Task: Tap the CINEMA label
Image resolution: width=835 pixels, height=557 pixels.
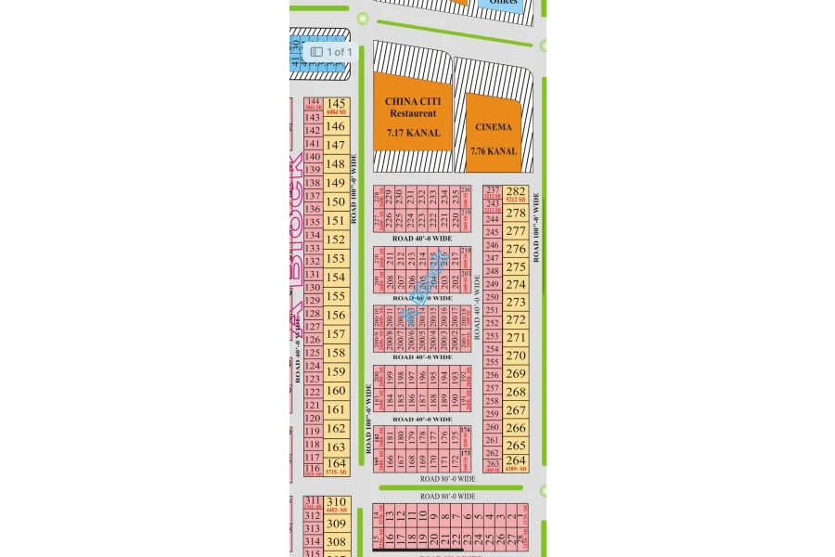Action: (493, 127)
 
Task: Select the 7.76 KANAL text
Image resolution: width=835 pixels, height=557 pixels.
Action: (494, 151)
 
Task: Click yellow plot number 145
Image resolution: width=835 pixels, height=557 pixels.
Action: (336, 104)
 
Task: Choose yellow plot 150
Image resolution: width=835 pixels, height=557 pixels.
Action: (336, 201)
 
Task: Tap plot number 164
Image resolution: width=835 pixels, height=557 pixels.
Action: (336, 462)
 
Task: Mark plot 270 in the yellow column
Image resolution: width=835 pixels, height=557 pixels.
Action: (516, 355)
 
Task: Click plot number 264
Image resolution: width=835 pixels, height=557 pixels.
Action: (516, 460)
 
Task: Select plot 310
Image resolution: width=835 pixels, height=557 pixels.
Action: (336, 502)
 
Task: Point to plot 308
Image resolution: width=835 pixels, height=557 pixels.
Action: (336, 541)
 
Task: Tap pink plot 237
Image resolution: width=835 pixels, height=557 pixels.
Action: (493, 190)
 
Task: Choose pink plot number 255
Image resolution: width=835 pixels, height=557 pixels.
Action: (493, 362)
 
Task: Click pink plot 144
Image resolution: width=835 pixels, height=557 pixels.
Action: (313, 102)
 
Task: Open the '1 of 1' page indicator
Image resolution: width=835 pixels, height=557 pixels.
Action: (330, 52)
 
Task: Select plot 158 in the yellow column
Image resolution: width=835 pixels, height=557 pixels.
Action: (336, 353)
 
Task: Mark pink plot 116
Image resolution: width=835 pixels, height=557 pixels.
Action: (313, 469)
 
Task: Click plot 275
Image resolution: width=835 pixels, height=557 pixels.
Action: (516, 266)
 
